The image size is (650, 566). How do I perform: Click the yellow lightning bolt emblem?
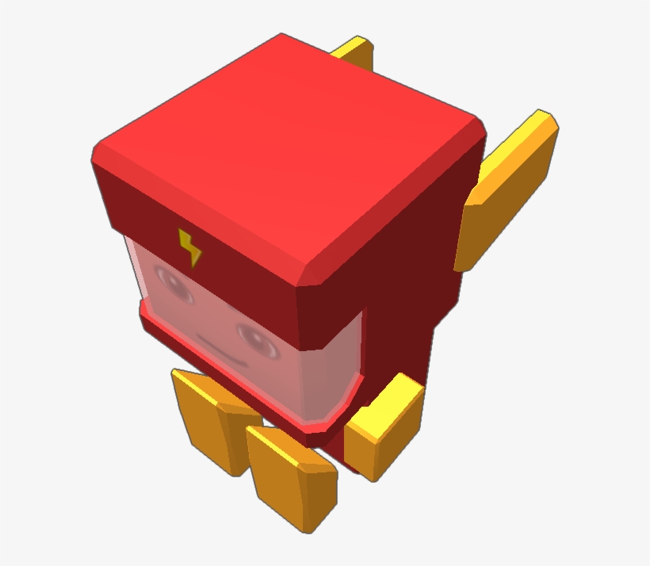190,247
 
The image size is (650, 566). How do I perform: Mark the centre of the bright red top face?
289,151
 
